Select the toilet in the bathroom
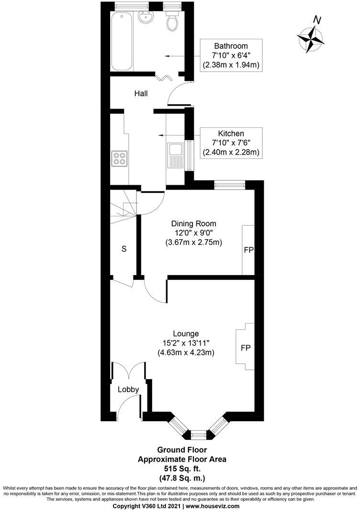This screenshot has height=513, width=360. tap(171, 21)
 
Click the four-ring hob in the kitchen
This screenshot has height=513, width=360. tap(119, 158)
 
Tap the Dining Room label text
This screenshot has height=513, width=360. tap(194, 223)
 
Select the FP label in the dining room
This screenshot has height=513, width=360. tap(248, 250)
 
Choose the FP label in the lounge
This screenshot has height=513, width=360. tap(246, 347)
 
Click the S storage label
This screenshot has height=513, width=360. tap(124, 249)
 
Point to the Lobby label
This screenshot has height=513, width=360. tap(128, 390)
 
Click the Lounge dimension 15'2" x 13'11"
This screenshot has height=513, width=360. tap(186, 343)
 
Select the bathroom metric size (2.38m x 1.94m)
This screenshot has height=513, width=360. tap(232, 65)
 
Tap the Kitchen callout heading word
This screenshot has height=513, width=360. tap(231, 134)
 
